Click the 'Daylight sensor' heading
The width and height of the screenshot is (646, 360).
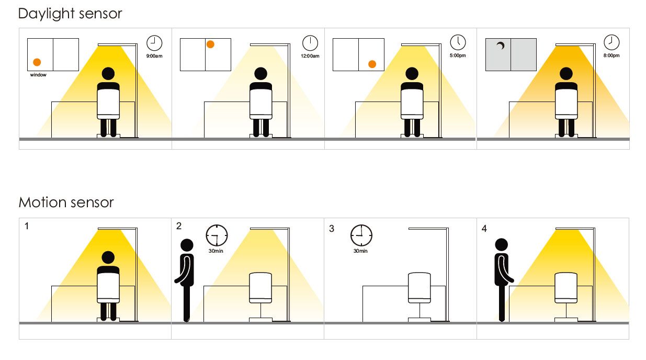tap(70, 14)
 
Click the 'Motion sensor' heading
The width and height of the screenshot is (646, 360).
tap(66, 202)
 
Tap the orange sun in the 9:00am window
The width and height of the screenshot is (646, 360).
tap(37, 62)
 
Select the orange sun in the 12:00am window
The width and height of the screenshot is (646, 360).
tap(210, 44)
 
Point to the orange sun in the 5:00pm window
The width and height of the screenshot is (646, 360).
tap(372, 64)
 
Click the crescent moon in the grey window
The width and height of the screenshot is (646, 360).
tap(501, 46)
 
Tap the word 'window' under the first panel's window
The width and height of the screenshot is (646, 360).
tap(38, 75)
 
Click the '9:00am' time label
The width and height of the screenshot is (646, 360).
tap(154, 56)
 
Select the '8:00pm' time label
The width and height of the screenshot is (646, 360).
tap(611, 55)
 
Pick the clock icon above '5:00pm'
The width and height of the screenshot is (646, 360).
tap(458, 42)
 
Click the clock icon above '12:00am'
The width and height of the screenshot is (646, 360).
tap(310, 43)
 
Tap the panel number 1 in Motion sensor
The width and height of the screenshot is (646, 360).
tap(27, 226)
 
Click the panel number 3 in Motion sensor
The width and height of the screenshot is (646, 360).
tap(332, 229)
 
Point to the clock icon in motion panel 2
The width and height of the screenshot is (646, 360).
tap(217, 235)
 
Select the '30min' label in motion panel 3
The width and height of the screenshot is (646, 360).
tap(360, 251)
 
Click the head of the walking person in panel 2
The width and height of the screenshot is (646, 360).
tap(187, 245)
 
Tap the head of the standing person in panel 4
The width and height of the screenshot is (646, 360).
tap(502, 244)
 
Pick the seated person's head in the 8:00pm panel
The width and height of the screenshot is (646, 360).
tap(566, 74)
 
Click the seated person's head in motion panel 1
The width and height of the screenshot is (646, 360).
tap(108, 257)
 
